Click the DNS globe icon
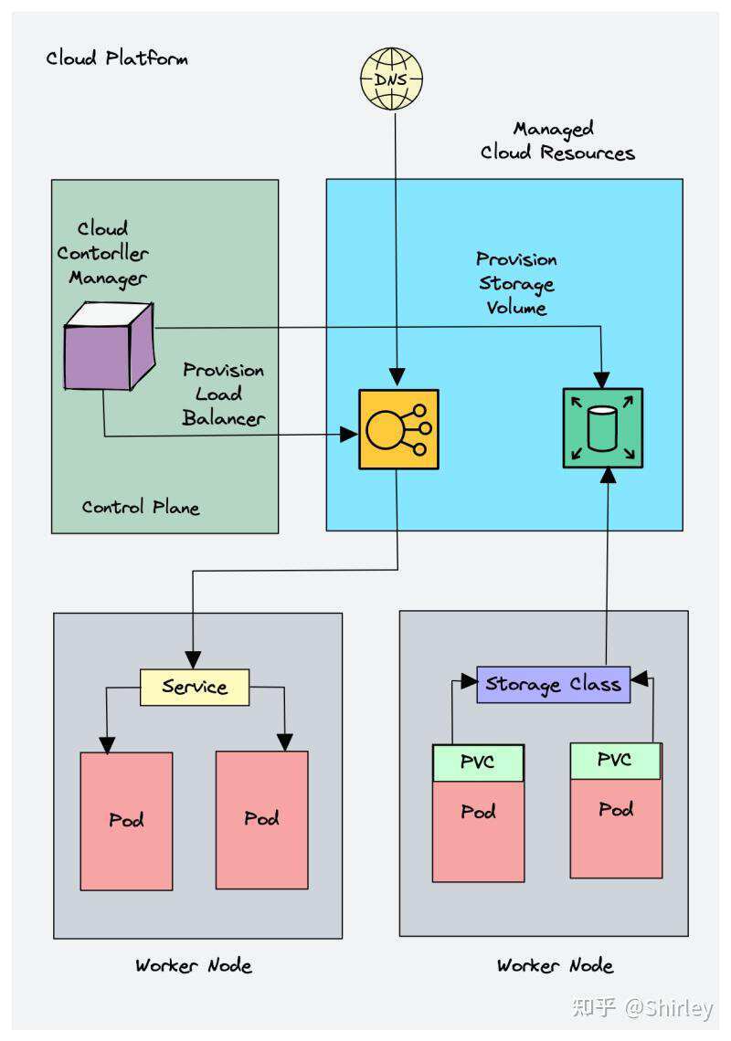391,79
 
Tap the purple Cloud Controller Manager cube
108,348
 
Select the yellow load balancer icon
398,429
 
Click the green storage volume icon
603,428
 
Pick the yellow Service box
195,687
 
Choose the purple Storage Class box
554,684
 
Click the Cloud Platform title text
117,58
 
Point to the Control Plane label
141,507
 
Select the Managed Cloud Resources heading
556,141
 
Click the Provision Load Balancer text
224,394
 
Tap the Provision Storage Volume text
517,284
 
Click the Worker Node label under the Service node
194,965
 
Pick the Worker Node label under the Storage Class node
555,965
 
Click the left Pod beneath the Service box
126,820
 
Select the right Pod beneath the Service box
261,818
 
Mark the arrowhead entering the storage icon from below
608,475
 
